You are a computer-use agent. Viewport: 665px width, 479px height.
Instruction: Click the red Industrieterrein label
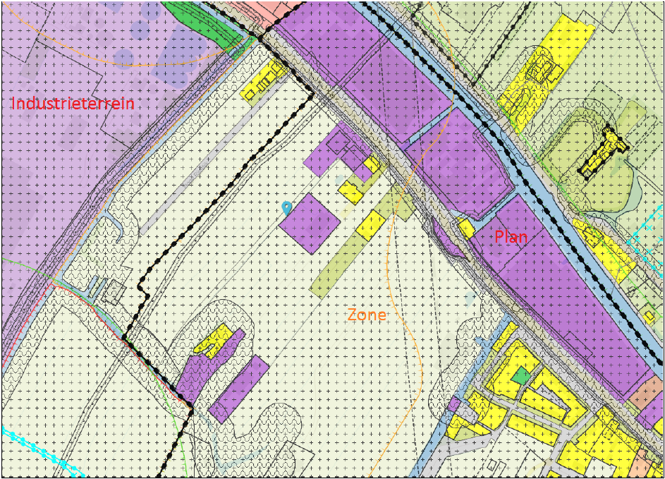tap(73, 104)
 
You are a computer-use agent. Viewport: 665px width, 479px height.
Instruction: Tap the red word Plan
tap(511, 237)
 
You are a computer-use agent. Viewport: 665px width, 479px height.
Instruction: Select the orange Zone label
tap(367, 315)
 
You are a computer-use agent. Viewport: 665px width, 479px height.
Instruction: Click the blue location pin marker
tap(286, 208)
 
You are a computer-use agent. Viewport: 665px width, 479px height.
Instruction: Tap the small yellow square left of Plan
tap(465, 228)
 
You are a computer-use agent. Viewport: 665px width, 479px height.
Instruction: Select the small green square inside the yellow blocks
tap(521, 376)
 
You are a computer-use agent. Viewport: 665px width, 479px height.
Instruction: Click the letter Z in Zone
tap(353, 315)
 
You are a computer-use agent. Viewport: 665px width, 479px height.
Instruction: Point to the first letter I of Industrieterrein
tap(13, 104)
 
